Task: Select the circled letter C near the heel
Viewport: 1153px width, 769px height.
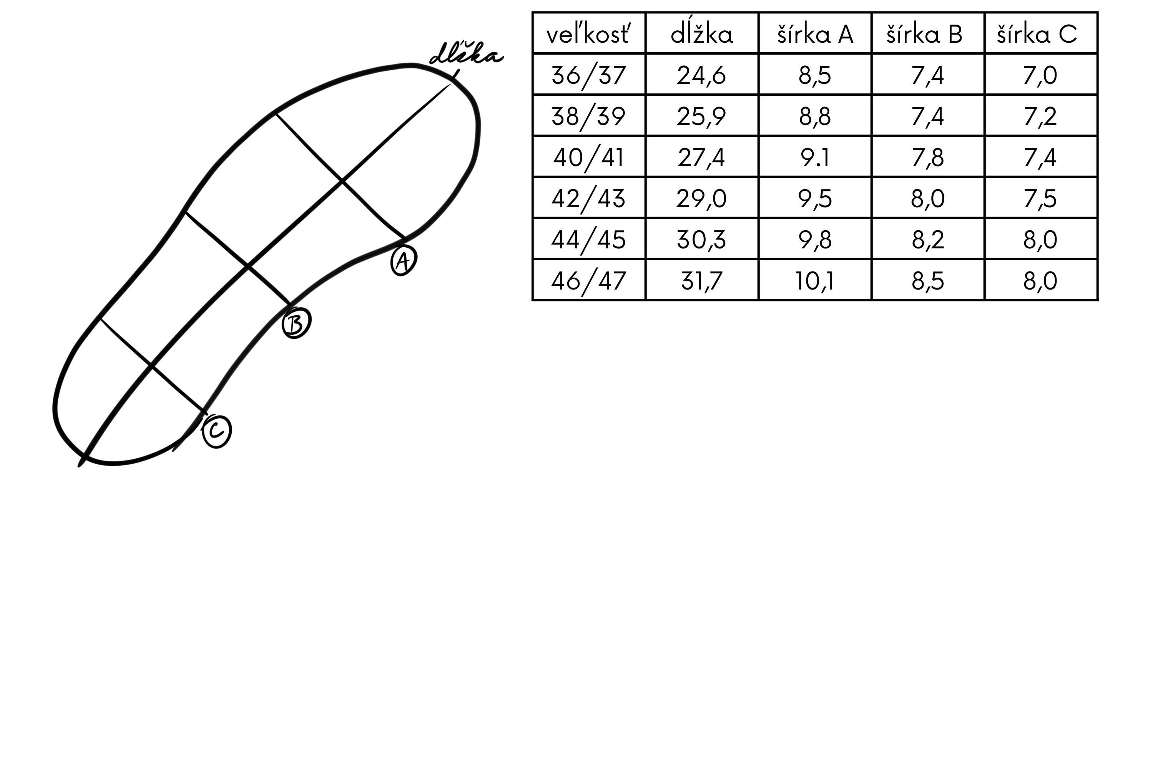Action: point(217,431)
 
